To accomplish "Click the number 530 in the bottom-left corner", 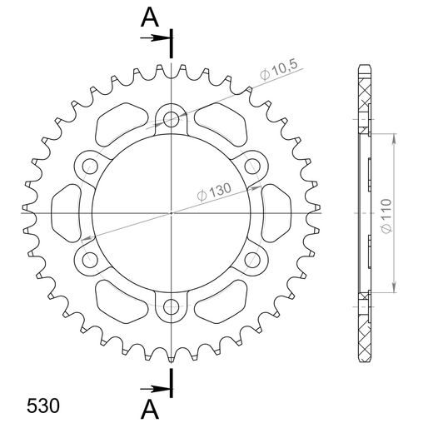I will point(42,385).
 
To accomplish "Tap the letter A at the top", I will point(150,16).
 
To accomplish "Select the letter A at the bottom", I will point(150,411).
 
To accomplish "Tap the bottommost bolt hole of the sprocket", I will point(172,307).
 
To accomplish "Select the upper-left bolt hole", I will point(90,165).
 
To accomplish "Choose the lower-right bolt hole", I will point(253,260).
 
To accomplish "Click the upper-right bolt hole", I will point(253,165).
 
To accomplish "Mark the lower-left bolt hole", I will point(90,260).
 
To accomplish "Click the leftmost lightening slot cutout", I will point(66,212).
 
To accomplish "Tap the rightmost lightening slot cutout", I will point(276,212).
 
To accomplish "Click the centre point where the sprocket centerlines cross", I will point(172,212).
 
